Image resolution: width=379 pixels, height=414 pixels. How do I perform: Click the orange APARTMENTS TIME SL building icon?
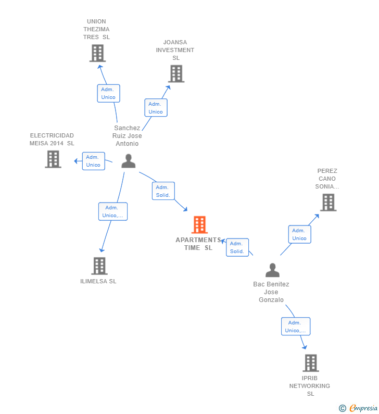(x=199, y=224)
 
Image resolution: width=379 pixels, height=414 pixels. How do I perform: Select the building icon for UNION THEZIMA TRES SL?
(x=97, y=53)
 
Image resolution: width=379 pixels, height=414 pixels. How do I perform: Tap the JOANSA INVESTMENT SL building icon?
(x=176, y=73)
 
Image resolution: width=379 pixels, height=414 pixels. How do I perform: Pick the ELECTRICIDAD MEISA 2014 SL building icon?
(x=53, y=159)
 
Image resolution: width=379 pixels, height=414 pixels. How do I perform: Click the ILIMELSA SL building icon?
(x=99, y=266)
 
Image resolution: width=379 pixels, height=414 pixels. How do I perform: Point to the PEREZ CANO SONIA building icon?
(x=329, y=203)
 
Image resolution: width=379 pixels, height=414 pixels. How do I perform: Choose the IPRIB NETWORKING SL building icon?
(x=311, y=363)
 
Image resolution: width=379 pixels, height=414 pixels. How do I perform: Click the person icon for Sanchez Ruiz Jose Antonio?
(x=129, y=161)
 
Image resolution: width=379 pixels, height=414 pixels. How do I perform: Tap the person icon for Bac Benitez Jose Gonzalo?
(x=272, y=270)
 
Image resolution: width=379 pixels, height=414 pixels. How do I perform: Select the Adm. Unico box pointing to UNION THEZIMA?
(x=108, y=93)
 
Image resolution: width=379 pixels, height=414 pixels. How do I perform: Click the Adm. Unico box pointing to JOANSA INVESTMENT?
(x=156, y=108)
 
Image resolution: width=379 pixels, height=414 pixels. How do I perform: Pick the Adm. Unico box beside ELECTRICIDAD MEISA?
(x=93, y=161)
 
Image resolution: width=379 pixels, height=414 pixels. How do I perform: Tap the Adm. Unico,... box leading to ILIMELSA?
(x=113, y=211)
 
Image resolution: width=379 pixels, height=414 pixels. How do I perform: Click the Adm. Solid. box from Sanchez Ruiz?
(x=163, y=191)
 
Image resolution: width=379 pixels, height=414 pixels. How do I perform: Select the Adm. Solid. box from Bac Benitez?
(x=237, y=247)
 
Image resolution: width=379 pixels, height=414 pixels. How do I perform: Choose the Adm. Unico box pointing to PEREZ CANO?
(x=299, y=234)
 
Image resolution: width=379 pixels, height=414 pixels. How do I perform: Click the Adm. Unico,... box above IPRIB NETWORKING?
(x=296, y=327)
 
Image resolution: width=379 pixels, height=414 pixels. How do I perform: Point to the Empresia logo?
(x=358, y=408)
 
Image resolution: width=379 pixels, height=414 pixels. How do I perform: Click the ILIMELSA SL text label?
(x=98, y=281)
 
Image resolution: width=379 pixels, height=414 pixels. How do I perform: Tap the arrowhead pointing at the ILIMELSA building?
(x=102, y=250)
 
